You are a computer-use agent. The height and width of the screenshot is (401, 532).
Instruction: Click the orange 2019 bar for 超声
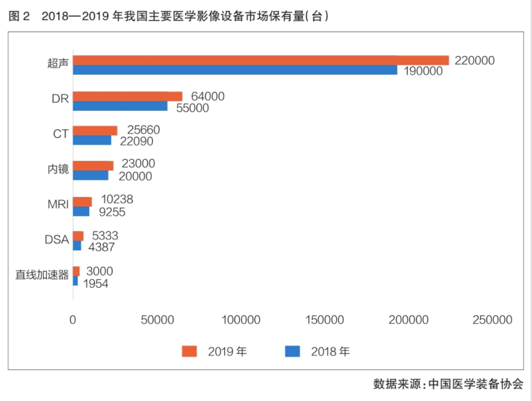pos(260,60)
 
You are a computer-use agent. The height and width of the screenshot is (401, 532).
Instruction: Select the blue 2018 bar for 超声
pos(235,70)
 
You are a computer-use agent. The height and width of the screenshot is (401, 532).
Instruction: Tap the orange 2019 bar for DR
pos(127,96)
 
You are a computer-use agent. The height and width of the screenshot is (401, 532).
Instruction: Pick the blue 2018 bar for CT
pos(92,140)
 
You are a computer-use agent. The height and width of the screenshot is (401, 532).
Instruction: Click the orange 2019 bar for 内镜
pos(93,166)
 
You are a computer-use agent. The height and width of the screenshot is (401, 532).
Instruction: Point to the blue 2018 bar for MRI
pos(81,211)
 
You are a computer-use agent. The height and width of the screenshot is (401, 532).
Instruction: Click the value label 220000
pos(475,61)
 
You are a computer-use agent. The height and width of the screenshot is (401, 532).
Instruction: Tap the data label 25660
pos(141,130)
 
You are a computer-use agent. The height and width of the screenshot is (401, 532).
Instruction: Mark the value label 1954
pos(95,284)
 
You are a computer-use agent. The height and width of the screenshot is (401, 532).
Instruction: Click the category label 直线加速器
pos(42,275)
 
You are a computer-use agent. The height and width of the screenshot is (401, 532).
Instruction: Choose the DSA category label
pos(56,240)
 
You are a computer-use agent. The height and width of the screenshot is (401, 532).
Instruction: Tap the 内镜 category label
pos(58,169)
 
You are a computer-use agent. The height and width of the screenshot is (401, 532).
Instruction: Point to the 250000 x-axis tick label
pos(493,320)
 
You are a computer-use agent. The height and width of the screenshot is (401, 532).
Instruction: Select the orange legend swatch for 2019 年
pos(189,351)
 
